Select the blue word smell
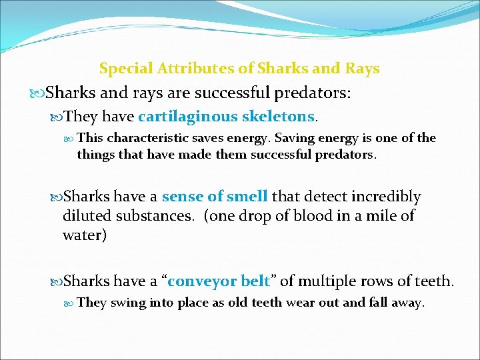click(x=247, y=197)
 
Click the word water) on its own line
click(x=85, y=235)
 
